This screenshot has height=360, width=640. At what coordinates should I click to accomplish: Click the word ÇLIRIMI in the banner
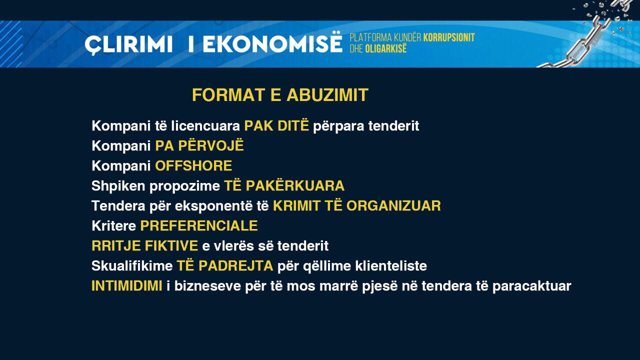pyautogui.click(x=128, y=45)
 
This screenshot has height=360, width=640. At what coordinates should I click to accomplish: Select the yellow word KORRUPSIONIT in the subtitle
pyautogui.click(x=449, y=37)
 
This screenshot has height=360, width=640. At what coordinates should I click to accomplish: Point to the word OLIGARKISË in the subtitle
pyautogui.click(x=385, y=48)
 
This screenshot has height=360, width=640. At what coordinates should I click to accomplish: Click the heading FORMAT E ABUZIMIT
pyautogui.click(x=280, y=95)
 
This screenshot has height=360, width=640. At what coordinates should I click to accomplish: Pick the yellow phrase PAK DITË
pyautogui.click(x=276, y=125)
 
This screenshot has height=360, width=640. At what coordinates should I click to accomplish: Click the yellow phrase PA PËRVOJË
pyautogui.click(x=199, y=145)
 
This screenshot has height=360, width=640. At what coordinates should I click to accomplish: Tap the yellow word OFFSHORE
pyautogui.click(x=193, y=165)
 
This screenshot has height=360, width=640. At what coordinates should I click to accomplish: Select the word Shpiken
pyautogui.click(x=118, y=186)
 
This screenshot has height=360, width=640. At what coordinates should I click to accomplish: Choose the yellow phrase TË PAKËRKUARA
pyautogui.click(x=284, y=185)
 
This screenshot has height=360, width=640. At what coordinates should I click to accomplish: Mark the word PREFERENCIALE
pyautogui.click(x=199, y=225)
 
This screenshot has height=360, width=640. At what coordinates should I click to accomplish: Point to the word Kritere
pyautogui.click(x=113, y=225)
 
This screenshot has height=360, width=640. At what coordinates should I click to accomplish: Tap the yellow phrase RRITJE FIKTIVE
pyautogui.click(x=144, y=245)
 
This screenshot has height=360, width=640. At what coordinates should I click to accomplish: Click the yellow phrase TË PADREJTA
pyautogui.click(x=225, y=265)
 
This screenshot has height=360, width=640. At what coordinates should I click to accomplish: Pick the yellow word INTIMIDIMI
pyautogui.click(x=127, y=285)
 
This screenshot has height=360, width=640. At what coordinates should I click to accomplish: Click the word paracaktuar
pyautogui.click(x=531, y=286)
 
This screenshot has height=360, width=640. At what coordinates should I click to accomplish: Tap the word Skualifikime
pyautogui.click(x=132, y=266)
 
